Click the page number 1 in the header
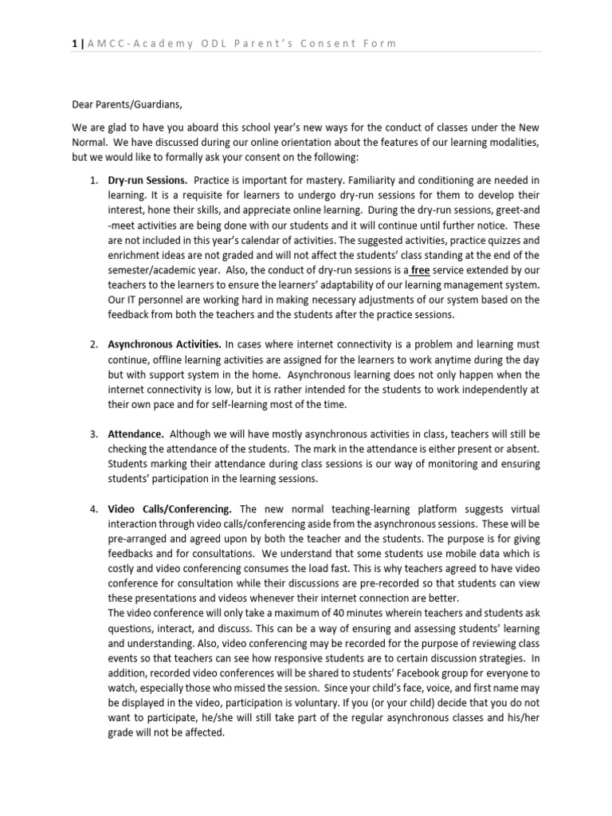(72, 43)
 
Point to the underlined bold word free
(420, 270)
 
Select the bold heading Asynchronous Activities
(165, 345)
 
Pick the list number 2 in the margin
(93, 345)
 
